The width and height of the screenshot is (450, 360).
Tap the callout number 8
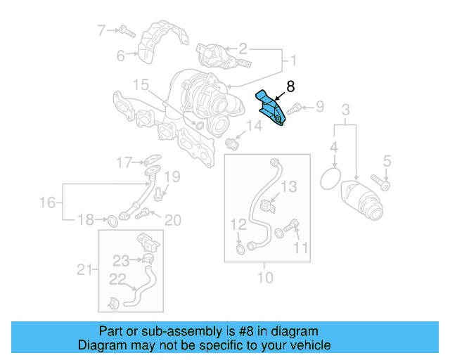point(291,86)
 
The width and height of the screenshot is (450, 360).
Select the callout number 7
point(101,30)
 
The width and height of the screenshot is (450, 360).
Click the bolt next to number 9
point(296,108)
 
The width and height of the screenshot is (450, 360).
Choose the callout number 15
point(141,85)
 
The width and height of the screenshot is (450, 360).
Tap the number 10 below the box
point(264,277)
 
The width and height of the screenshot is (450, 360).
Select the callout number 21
point(84,269)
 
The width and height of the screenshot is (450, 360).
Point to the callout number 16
point(46,202)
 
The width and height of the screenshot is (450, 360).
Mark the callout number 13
point(290,186)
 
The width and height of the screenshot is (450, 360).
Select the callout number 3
point(345,110)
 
